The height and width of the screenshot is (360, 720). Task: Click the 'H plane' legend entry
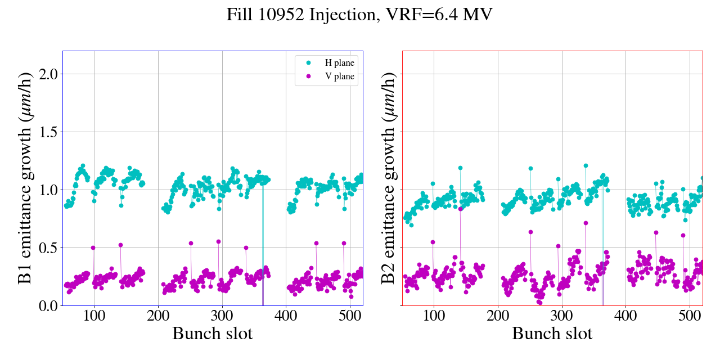coord(340,63)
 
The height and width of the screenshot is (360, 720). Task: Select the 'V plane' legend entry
coord(340,76)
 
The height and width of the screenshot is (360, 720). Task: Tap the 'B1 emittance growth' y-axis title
coord(25,178)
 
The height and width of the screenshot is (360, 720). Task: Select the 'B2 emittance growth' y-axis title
coord(388,178)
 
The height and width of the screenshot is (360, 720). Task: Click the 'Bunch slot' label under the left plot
coord(212,334)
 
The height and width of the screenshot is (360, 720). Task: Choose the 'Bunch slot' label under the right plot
coord(552,334)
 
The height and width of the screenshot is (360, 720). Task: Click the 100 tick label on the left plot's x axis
coord(94,315)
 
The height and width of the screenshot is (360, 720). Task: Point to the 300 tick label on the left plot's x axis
coord(222,315)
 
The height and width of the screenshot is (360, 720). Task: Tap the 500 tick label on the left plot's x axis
coord(350,315)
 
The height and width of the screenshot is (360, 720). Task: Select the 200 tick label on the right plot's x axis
coord(498,315)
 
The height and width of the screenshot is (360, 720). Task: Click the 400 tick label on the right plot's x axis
coord(625,315)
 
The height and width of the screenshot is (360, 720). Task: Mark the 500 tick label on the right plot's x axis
coord(690,315)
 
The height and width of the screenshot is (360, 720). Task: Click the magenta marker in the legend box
coord(307,76)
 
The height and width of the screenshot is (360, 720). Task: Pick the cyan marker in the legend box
coord(307,63)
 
